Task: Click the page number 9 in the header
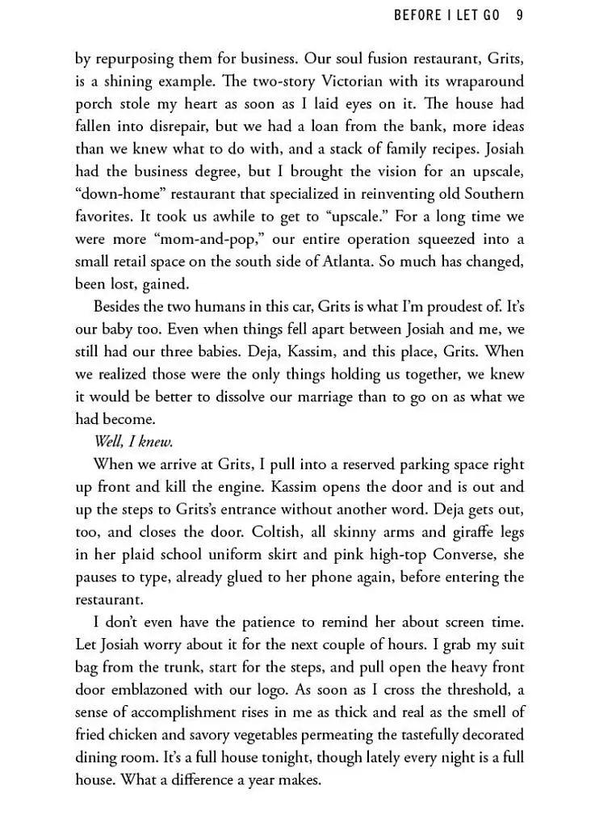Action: click(x=520, y=15)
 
